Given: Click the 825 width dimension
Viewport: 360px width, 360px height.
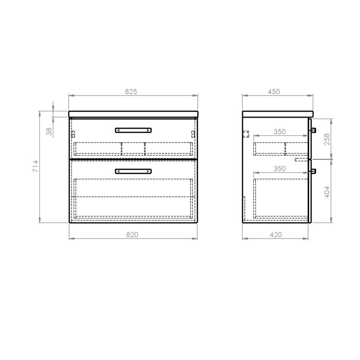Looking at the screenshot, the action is pos(131,92).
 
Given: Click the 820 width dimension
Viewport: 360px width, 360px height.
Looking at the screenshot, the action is pos(132,235).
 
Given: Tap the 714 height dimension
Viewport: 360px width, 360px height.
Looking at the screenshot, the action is pos(36,166).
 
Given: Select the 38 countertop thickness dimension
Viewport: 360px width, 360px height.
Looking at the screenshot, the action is pos(49,132).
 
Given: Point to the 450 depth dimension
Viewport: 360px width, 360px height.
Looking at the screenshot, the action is pos(274,92).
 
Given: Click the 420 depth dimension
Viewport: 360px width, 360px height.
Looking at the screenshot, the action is pos(276,235).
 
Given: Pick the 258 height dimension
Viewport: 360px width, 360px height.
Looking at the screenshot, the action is pos(327,139).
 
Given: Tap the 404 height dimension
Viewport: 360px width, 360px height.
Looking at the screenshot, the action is pos(327,192).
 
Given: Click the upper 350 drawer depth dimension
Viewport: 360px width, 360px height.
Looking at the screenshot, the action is pos(279,132).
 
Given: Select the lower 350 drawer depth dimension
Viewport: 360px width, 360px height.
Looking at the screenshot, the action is pos(279,169).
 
